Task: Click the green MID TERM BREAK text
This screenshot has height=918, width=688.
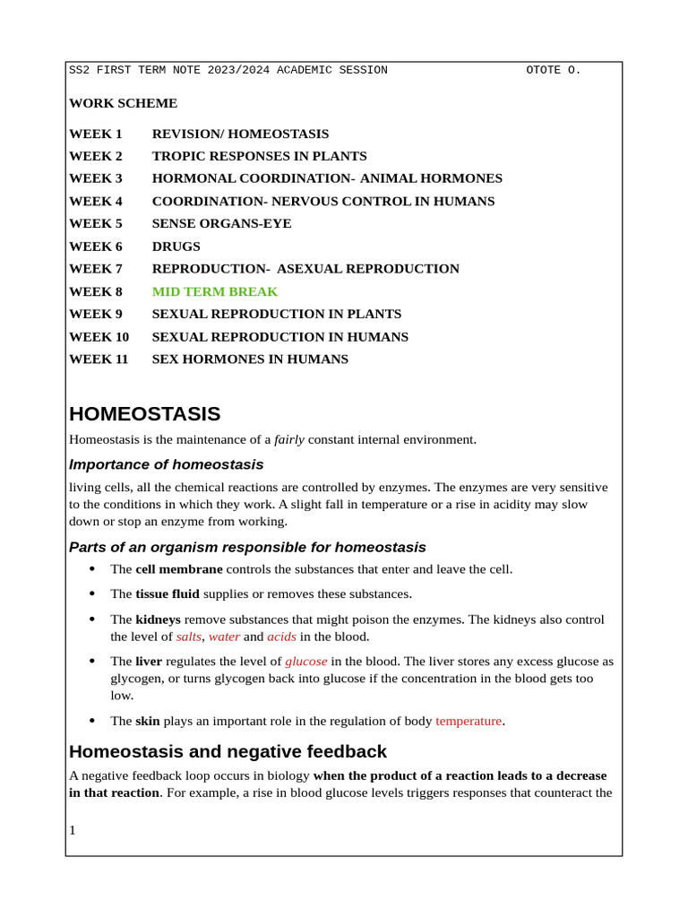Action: [x=215, y=291]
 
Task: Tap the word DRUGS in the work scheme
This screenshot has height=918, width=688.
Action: [x=176, y=247]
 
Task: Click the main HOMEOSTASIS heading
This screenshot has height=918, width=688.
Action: [x=144, y=414]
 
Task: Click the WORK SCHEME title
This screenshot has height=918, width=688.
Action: [x=123, y=103]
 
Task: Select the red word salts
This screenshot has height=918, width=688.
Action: [x=189, y=637]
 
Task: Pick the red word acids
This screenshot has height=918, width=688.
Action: [x=281, y=637]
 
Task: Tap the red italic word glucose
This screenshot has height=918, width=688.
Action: [x=305, y=662]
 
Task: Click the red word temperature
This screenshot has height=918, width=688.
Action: [x=469, y=721]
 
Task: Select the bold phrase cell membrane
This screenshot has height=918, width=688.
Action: [x=179, y=569]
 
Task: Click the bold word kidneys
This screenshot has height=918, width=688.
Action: [x=158, y=619]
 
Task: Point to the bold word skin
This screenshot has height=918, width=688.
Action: [x=148, y=721]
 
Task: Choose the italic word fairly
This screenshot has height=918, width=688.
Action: [x=289, y=439]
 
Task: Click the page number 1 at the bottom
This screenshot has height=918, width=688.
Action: [x=73, y=830]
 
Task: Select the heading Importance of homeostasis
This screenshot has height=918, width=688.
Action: [x=167, y=464]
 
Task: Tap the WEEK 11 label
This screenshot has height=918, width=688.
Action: [x=99, y=359]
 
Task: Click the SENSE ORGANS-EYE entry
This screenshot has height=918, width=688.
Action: [x=221, y=223]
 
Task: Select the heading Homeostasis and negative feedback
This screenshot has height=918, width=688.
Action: [x=228, y=751]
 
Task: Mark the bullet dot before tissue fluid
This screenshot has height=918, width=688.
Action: [x=92, y=593]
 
